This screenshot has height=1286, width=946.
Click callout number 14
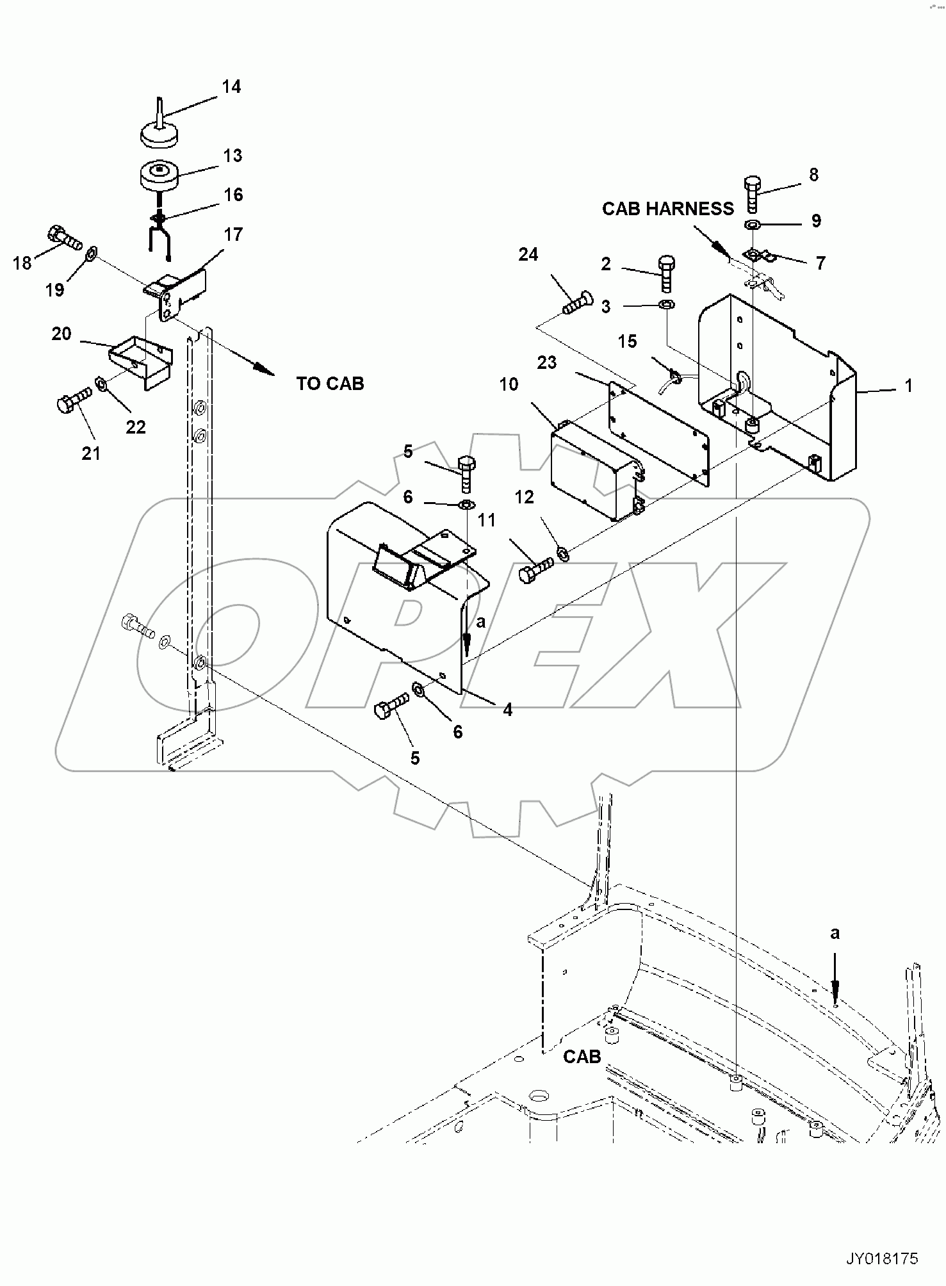coord(231,86)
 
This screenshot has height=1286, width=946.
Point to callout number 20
coord(61,334)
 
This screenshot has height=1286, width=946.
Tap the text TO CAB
coord(330,384)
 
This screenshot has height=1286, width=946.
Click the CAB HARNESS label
coord(667,209)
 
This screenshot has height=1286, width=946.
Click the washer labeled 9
coord(753,225)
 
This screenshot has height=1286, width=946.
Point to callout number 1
coord(908,386)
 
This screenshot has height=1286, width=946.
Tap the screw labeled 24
coord(577,303)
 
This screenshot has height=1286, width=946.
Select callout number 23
coord(547,362)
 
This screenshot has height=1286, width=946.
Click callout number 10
coord(509,384)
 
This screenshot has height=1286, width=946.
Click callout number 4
coord(507,710)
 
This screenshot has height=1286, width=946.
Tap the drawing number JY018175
coord(882,1259)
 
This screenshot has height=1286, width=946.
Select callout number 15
coord(627,341)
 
